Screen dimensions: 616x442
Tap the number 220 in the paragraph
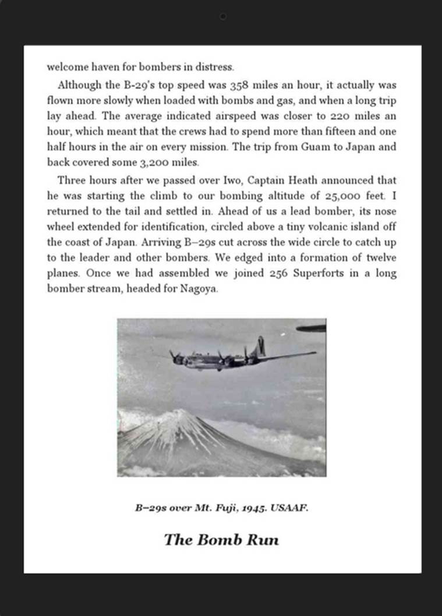[336, 116]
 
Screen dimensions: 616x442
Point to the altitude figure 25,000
[339, 195]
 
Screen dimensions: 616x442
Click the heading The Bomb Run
[221, 540]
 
